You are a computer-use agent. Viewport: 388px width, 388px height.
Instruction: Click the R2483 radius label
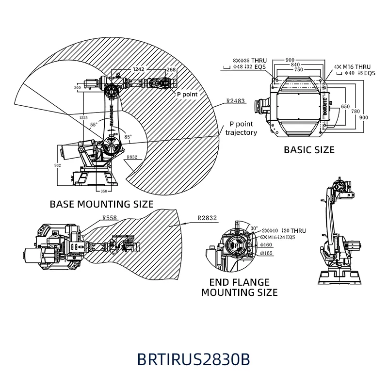click(x=235, y=102)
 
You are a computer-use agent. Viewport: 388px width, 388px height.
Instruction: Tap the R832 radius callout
click(x=131, y=158)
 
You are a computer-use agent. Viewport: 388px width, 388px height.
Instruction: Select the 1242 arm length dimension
click(x=139, y=69)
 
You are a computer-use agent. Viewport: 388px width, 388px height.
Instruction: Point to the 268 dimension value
click(x=171, y=69)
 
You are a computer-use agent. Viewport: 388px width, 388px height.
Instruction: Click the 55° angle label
click(x=94, y=125)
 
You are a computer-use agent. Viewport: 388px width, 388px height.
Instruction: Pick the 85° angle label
click(x=128, y=137)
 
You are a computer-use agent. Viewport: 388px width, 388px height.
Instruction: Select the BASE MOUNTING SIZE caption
click(x=102, y=204)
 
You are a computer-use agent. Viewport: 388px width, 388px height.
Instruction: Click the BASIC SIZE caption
click(x=309, y=150)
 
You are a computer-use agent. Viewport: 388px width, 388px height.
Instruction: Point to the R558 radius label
click(x=110, y=218)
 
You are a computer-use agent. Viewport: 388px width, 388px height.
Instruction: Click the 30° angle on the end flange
click(x=254, y=228)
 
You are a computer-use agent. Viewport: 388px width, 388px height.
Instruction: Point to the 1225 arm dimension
click(x=84, y=117)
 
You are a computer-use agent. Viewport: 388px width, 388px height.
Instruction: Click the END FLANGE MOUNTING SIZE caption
click(x=240, y=287)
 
